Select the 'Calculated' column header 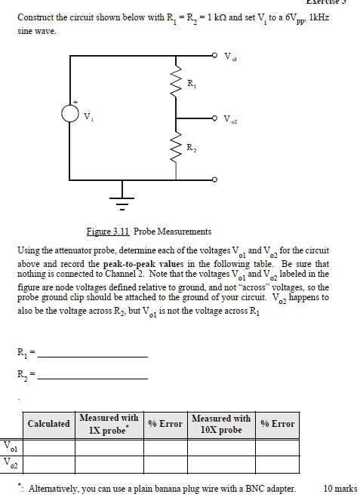click(48, 424)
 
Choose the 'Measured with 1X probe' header click(108, 424)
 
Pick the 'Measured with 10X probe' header click(221, 424)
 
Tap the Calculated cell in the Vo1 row click(48, 446)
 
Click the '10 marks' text click(340, 488)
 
